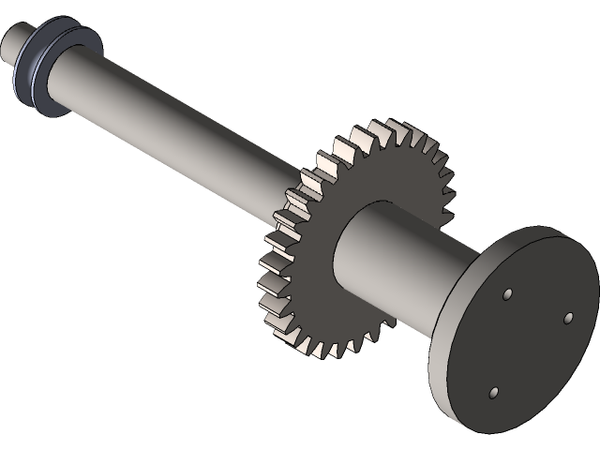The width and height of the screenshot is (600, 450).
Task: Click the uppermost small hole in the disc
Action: point(507,294)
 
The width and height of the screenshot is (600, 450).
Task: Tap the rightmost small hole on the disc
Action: point(568,319)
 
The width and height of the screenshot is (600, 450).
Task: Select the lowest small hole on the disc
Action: point(495,393)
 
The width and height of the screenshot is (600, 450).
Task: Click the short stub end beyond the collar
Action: point(14,43)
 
